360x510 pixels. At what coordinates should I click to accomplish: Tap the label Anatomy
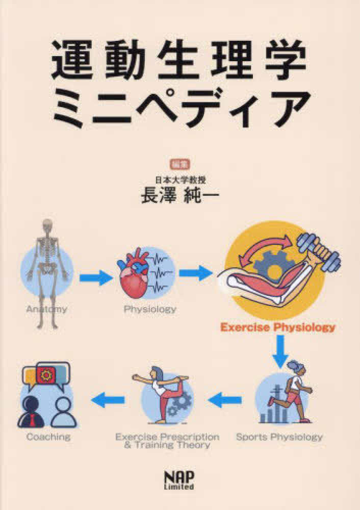pyautogui.click(x=46, y=309)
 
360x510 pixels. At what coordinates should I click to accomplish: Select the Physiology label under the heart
pyautogui.click(x=150, y=309)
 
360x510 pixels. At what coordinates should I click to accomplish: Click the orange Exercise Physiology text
pyautogui.click(x=278, y=327)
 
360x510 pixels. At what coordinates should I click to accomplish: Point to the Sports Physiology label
pyautogui.click(x=279, y=437)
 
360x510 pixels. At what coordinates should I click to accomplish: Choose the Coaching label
pyautogui.click(x=48, y=437)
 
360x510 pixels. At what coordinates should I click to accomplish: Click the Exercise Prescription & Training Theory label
pyautogui.click(x=167, y=441)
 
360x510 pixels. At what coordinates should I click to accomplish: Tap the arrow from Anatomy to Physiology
pyautogui.click(x=96, y=277)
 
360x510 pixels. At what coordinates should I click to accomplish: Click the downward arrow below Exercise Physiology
pyautogui.click(x=280, y=351)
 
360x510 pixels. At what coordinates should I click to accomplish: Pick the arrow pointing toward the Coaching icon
pyautogui.click(x=108, y=400)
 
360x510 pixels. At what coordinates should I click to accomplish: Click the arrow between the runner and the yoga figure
pyautogui.click(x=225, y=400)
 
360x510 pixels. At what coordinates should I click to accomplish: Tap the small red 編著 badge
pyautogui.click(x=180, y=164)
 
